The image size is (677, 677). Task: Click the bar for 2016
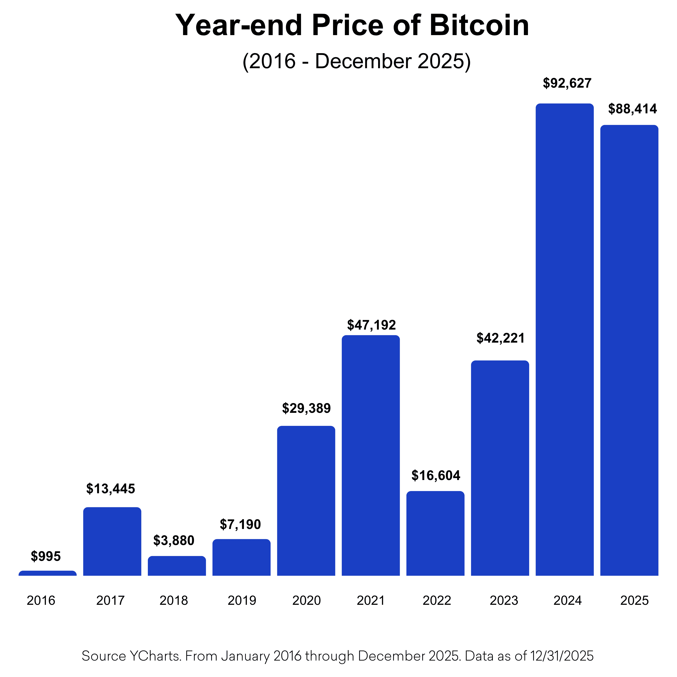(48, 573)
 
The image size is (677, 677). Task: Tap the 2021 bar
(371, 456)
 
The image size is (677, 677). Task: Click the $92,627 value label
(567, 83)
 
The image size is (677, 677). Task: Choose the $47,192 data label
(371, 325)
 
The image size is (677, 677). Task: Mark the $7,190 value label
(240, 525)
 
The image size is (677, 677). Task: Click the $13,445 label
(111, 489)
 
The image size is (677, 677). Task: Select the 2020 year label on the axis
(307, 601)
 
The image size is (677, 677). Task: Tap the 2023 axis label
(504, 601)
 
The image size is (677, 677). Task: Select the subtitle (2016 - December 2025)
(356, 61)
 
